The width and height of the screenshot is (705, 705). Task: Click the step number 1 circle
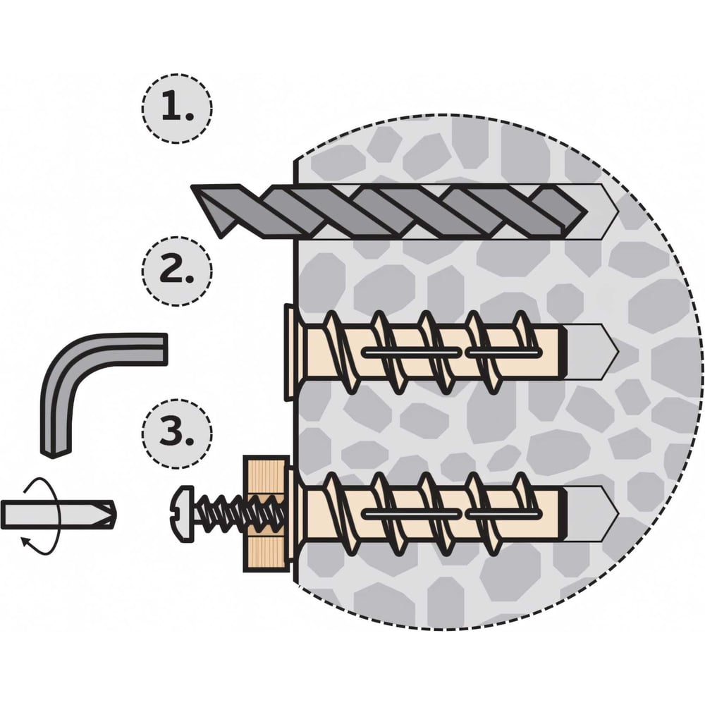176,108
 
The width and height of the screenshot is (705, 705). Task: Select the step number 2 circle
176,270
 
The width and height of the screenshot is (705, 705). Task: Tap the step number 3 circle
176,432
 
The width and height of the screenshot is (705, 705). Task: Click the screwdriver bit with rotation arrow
56,513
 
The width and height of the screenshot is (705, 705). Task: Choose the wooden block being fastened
266,513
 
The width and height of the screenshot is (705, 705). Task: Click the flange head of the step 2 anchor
290,350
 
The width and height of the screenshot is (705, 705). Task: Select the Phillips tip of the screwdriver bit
106,513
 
